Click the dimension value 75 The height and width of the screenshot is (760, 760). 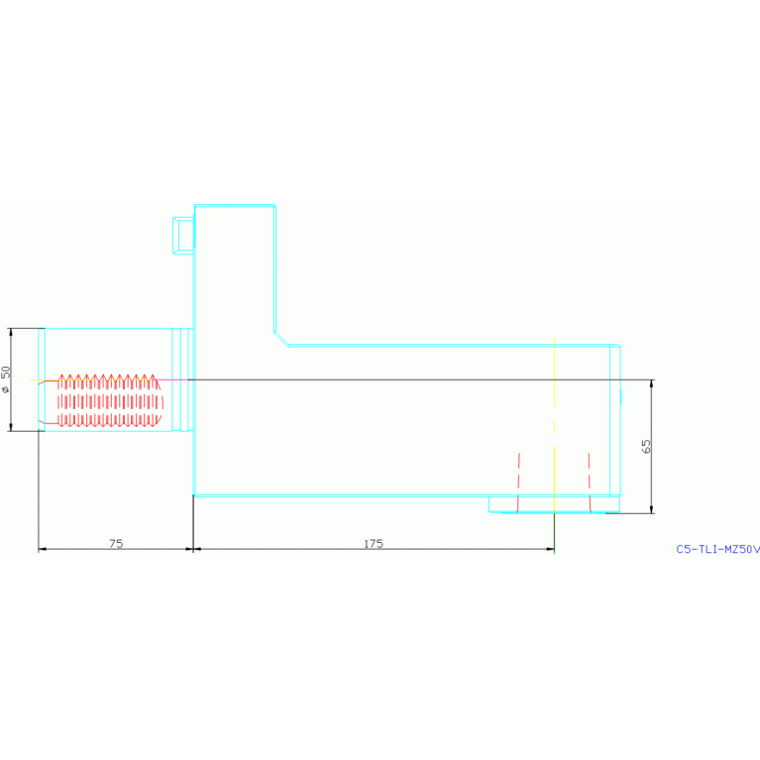(116, 543)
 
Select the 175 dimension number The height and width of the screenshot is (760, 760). (373, 543)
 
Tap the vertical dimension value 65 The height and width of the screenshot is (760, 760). (647, 446)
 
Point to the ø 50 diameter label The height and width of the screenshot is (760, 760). (7, 379)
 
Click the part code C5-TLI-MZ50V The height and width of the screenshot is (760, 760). (717, 548)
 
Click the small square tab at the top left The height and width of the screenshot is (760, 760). (183, 235)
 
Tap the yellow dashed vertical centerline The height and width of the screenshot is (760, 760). (555, 416)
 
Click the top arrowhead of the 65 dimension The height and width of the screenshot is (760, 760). (652, 383)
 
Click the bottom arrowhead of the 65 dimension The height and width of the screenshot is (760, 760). (652, 509)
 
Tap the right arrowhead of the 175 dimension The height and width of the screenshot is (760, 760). (550, 549)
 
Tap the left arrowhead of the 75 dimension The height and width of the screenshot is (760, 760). (43, 549)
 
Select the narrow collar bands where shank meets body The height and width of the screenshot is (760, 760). (179, 379)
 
